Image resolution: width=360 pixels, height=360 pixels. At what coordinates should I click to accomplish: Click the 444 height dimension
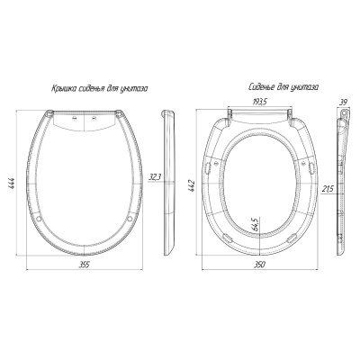point(13,183)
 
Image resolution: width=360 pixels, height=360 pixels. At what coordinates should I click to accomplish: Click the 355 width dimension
point(85,265)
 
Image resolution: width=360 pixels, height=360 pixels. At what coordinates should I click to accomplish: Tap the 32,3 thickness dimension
point(155,177)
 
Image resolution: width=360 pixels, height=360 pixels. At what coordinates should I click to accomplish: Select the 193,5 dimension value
point(258,102)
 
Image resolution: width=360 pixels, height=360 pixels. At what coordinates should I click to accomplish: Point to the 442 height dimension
point(193,185)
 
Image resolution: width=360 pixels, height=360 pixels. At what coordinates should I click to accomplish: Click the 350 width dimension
point(260,265)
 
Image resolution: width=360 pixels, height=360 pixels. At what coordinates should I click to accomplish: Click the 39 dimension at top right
point(344,102)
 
